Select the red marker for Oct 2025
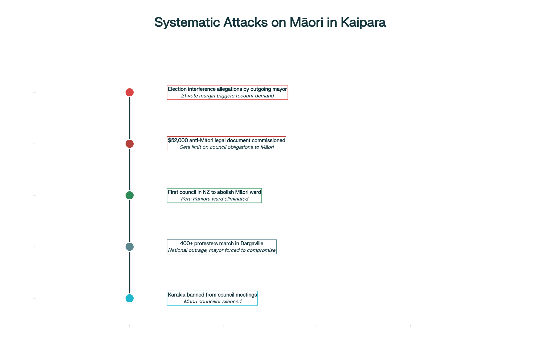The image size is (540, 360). tap(130, 92)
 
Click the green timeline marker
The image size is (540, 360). tap(130, 195)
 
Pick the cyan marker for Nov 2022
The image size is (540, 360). tap(130, 298)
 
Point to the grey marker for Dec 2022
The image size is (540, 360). tap(130, 247)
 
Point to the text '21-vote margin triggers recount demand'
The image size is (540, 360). tap(227, 96)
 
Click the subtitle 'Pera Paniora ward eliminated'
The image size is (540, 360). tap(215, 199)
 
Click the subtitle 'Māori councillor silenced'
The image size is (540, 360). tap(212, 302)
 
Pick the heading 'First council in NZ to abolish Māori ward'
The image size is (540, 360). tap(214, 192)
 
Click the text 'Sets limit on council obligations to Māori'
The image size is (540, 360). tap(227, 147)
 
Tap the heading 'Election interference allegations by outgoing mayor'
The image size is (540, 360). tap(227, 89)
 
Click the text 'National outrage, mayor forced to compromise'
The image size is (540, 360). tap(222, 250)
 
